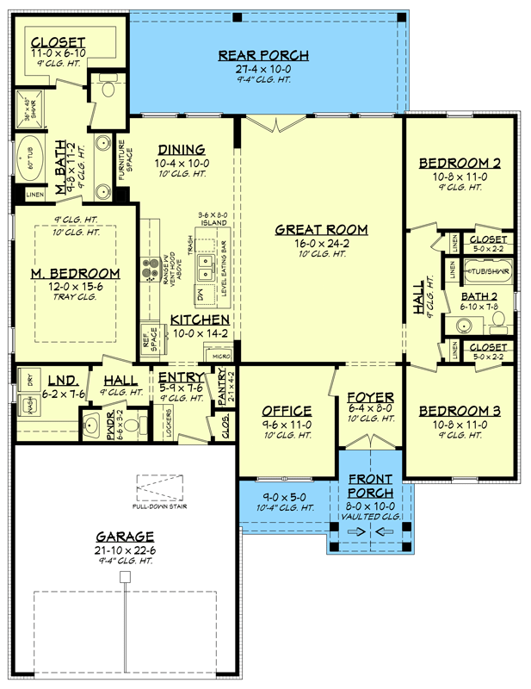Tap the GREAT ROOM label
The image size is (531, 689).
tap(321, 230)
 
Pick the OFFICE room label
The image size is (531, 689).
tap(287, 411)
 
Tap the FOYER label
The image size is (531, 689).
tap(370, 397)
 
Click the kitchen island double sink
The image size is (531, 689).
tap(207, 263)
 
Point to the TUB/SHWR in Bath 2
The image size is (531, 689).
tap(488, 271)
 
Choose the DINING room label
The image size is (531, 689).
tap(181, 149)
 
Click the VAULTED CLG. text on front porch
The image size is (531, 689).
tap(370, 515)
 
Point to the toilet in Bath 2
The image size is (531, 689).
tap(497, 325)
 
